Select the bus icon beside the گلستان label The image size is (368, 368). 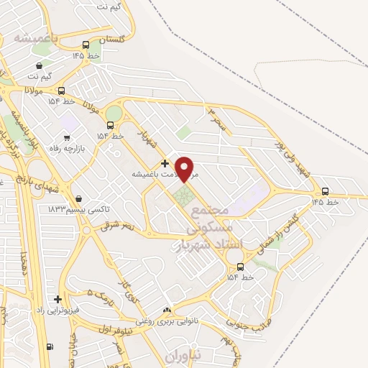click(86, 43)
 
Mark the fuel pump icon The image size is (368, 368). click(50, 346)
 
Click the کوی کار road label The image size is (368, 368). click(130, 288)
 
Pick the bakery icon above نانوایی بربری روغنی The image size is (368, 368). click(167, 310)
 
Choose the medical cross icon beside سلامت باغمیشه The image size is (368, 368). click(165, 163)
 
